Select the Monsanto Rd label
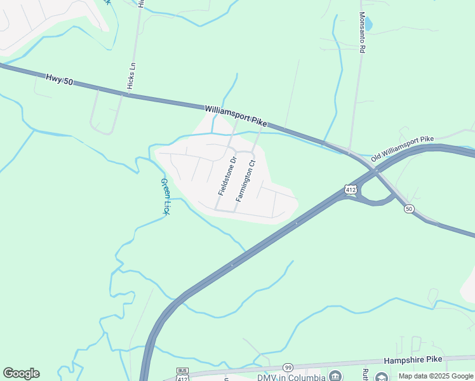pyautogui.click(x=362, y=36)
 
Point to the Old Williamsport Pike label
pyautogui.click(x=403, y=147)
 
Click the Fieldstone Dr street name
pyautogui.click(x=227, y=175)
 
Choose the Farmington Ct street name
pyautogui.click(x=246, y=181)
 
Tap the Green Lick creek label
pyautogui.click(x=164, y=197)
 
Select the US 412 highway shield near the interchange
pyautogui.click(x=350, y=189)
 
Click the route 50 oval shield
pyautogui.click(x=409, y=208)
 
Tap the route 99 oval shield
pyautogui.click(x=288, y=367)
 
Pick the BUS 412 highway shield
pyautogui.click(x=183, y=375)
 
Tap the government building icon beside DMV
pyautogui.click(x=335, y=376)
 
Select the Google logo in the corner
pyautogui.click(x=21, y=373)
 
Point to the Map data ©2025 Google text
pyautogui.click(x=436, y=376)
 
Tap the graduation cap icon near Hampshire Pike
pyautogui.click(x=382, y=376)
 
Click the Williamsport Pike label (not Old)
pyautogui.click(x=236, y=116)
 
